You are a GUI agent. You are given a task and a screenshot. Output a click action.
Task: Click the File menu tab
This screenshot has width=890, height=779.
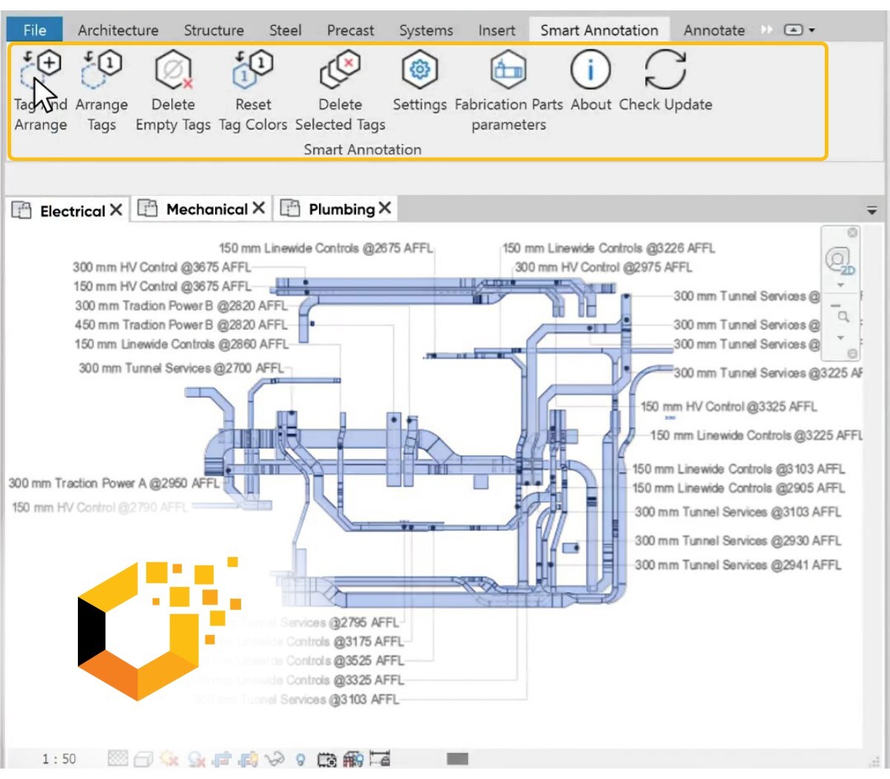tap(34, 30)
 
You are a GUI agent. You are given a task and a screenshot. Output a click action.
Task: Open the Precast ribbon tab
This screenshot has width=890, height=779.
tap(350, 30)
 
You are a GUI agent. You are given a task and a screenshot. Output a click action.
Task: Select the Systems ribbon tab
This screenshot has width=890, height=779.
tap(426, 30)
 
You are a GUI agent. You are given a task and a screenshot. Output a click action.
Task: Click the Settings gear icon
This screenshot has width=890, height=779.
tap(420, 70)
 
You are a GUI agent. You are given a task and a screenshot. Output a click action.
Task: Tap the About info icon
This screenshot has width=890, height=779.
tap(590, 70)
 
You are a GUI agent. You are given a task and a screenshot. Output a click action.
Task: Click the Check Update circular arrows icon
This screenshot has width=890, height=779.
tap(665, 70)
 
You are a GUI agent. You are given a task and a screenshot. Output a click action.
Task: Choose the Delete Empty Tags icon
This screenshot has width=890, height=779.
tap(174, 70)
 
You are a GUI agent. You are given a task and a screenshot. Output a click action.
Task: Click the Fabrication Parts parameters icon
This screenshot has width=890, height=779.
tap(509, 70)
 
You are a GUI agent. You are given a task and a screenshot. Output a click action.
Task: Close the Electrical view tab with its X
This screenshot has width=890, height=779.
tap(116, 210)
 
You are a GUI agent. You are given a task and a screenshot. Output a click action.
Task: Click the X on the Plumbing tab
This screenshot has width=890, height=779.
tap(385, 208)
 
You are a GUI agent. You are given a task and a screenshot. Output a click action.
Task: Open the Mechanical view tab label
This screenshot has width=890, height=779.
tap(207, 209)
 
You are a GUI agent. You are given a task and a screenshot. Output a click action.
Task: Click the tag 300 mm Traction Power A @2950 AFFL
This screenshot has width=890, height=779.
tap(113, 483)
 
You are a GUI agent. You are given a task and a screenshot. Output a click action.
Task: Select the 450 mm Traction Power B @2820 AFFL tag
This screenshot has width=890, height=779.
tap(181, 324)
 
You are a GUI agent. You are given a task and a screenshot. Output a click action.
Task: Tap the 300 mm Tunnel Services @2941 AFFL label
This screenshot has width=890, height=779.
tap(737, 565)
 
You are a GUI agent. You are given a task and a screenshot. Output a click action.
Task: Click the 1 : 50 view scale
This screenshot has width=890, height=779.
tap(59, 758)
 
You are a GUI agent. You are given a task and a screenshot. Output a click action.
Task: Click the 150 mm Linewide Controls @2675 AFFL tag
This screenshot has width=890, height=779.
tap(325, 248)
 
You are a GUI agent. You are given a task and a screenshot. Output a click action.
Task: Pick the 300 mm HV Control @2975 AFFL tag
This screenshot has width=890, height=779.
tap(603, 267)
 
